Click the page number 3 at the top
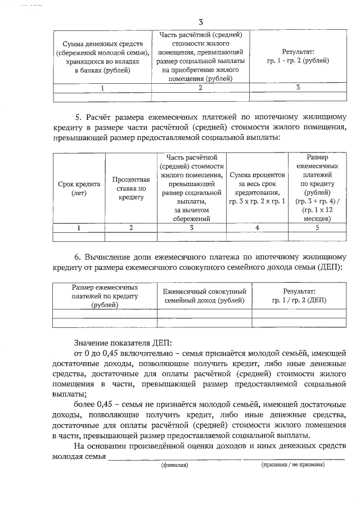tap(185, 21)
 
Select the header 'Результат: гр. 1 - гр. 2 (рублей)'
tap(298, 56)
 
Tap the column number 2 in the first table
tap(200, 88)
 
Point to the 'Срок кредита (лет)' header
tap(79, 188)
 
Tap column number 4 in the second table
tap(257, 227)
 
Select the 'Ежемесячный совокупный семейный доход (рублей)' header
tap(204, 296)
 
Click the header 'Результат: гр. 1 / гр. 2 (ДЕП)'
tap(299, 296)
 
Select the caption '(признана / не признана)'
tap(292, 465)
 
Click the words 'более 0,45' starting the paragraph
tap(93, 404)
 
